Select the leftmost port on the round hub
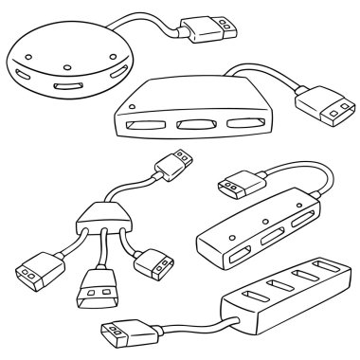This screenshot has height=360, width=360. [x=23, y=74]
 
